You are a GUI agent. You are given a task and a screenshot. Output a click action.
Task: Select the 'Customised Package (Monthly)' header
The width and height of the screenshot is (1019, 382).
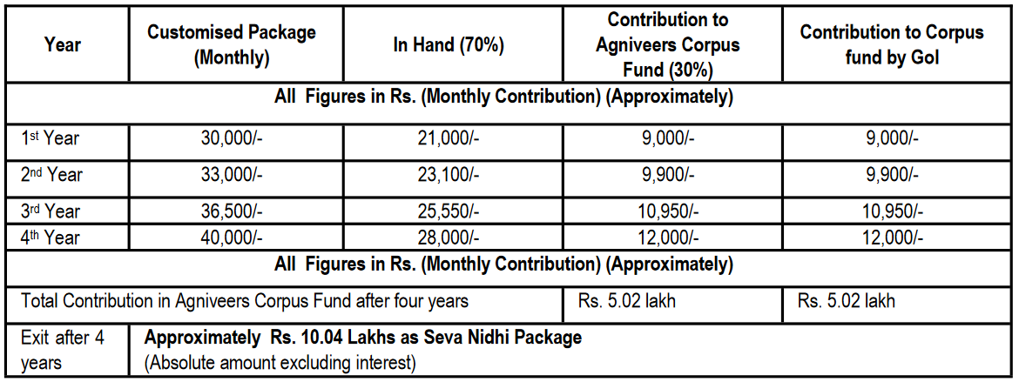pos(231,45)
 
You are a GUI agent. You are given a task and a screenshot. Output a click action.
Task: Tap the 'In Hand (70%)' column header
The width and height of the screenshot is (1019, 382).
pos(449,45)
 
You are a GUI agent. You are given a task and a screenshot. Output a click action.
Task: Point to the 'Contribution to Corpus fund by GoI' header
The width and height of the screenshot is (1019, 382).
pos(892,45)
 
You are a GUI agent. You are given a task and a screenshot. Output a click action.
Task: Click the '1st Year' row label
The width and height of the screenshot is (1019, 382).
pos(51,138)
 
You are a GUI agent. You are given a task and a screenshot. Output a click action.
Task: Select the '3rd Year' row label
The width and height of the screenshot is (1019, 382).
pos(51,211)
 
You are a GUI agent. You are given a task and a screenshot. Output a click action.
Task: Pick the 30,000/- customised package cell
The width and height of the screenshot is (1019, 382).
pos(232,138)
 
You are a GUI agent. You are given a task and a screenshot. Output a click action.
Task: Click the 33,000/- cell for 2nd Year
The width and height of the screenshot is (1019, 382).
pos(232,175)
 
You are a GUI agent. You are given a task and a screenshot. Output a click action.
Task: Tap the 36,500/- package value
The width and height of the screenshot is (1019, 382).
pos(232,211)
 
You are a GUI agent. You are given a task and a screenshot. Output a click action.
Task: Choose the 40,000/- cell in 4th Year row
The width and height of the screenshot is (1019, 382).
pos(232,238)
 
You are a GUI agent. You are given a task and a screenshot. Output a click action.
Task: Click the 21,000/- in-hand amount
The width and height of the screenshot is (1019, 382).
pos(449,138)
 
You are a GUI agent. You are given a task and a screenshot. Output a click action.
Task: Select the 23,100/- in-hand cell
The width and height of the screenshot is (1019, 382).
pos(449,175)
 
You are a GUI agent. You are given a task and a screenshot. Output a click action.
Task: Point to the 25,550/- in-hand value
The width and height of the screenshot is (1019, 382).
pos(449,211)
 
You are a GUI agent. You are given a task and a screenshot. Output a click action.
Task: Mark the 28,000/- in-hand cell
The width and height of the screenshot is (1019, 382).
pos(449,238)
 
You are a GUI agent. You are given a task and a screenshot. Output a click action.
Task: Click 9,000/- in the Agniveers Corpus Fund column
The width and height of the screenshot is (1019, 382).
pos(668,138)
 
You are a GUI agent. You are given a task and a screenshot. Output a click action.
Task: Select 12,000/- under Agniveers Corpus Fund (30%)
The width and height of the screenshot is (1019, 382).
pos(668,238)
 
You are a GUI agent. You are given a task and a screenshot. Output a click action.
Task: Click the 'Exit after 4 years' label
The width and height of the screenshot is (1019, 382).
pos(63,349)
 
